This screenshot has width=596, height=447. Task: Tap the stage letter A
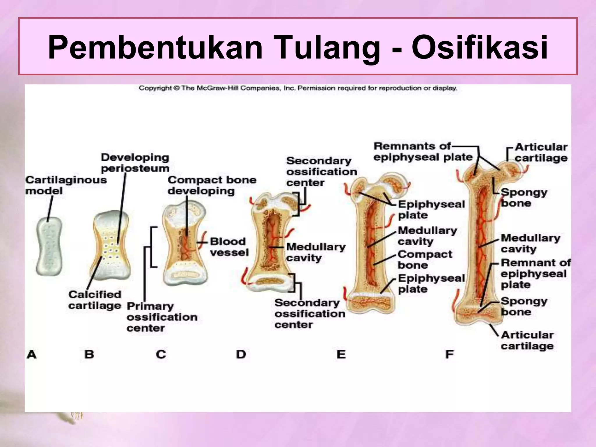pos(32,354)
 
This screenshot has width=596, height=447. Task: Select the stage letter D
pos(241,354)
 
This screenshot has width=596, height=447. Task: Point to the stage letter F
pos(449,354)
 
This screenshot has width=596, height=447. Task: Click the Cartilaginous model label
pos(65,185)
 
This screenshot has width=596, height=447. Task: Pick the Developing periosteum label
pos(135,163)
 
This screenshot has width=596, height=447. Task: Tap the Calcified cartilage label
pos(95,300)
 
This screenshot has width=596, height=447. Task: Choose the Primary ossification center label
pos(162,317)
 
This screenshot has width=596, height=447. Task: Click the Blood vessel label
pos(229,247)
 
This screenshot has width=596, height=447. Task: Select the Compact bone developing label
pos(212,185)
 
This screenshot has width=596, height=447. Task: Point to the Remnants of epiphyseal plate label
pos(423,152)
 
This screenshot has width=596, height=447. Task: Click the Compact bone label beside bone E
pos(425,260)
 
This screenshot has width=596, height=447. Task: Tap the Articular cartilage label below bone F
pos(527,340)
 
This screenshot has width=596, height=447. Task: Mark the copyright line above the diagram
pos(298,88)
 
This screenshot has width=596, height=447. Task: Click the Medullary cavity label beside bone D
pos(316,252)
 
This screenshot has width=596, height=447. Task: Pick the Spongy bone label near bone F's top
pos(524,198)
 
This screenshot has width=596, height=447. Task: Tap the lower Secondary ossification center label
pos(310,314)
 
